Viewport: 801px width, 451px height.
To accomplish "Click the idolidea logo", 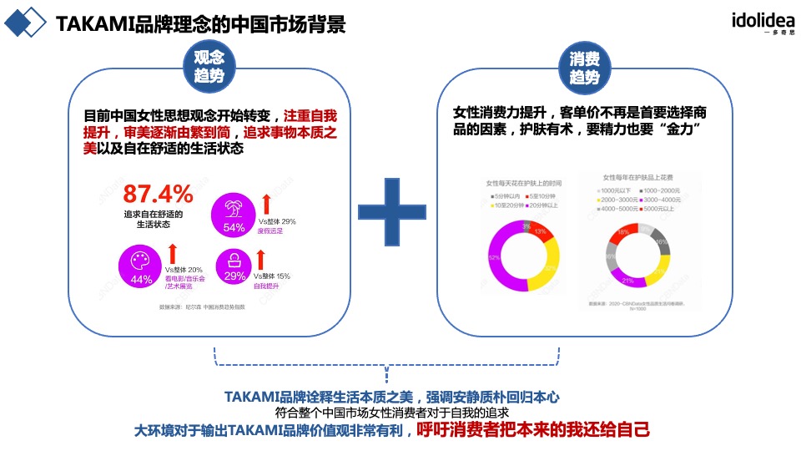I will [763, 23].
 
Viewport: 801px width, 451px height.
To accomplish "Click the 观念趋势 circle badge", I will [209, 67].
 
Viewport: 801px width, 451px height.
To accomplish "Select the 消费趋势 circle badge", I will [584, 67].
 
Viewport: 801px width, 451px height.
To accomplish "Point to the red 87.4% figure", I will [159, 195].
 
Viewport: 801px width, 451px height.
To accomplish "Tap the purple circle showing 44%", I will [142, 267].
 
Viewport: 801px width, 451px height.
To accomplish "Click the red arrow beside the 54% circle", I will [266, 203].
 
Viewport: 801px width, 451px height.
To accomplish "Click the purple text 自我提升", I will [268, 285].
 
